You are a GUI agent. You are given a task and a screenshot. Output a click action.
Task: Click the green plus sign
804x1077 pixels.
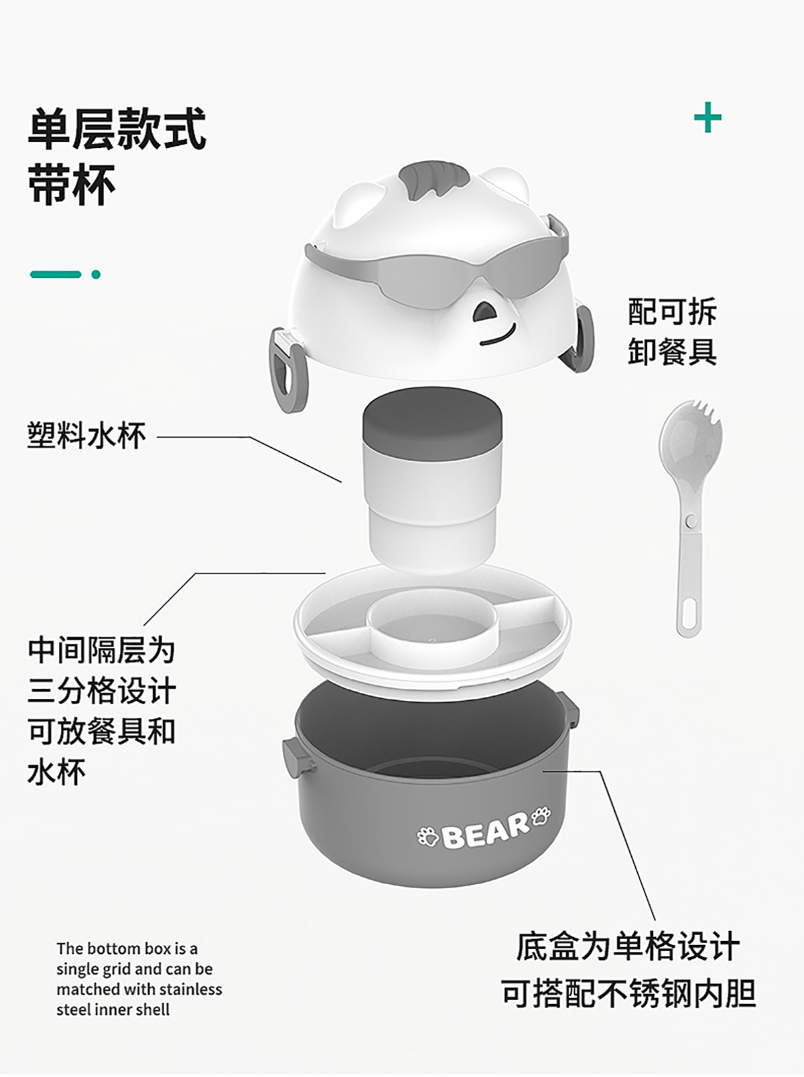[708, 118]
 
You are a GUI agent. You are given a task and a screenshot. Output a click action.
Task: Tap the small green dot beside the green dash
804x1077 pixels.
[96, 274]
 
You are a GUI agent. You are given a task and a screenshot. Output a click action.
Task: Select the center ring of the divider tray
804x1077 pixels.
[433, 623]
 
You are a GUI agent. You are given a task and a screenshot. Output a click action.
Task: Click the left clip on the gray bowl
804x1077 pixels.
[296, 758]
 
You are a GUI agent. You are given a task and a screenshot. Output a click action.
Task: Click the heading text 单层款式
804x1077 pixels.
[117, 130]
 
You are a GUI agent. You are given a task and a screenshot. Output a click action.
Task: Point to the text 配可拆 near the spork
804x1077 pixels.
[673, 311]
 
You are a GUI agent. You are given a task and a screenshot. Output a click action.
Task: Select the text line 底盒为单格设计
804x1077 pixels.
[628, 947]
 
